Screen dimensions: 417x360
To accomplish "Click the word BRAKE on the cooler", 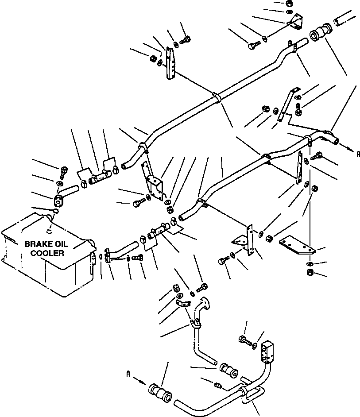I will [x=37, y=244].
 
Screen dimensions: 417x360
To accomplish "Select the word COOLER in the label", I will [x=50, y=253].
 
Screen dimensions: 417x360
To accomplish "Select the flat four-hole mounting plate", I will [x=297, y=246].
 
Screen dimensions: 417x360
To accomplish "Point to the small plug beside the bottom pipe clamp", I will [x=217, y=385].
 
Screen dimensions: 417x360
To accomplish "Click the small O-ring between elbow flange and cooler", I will [x=55, y=212].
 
